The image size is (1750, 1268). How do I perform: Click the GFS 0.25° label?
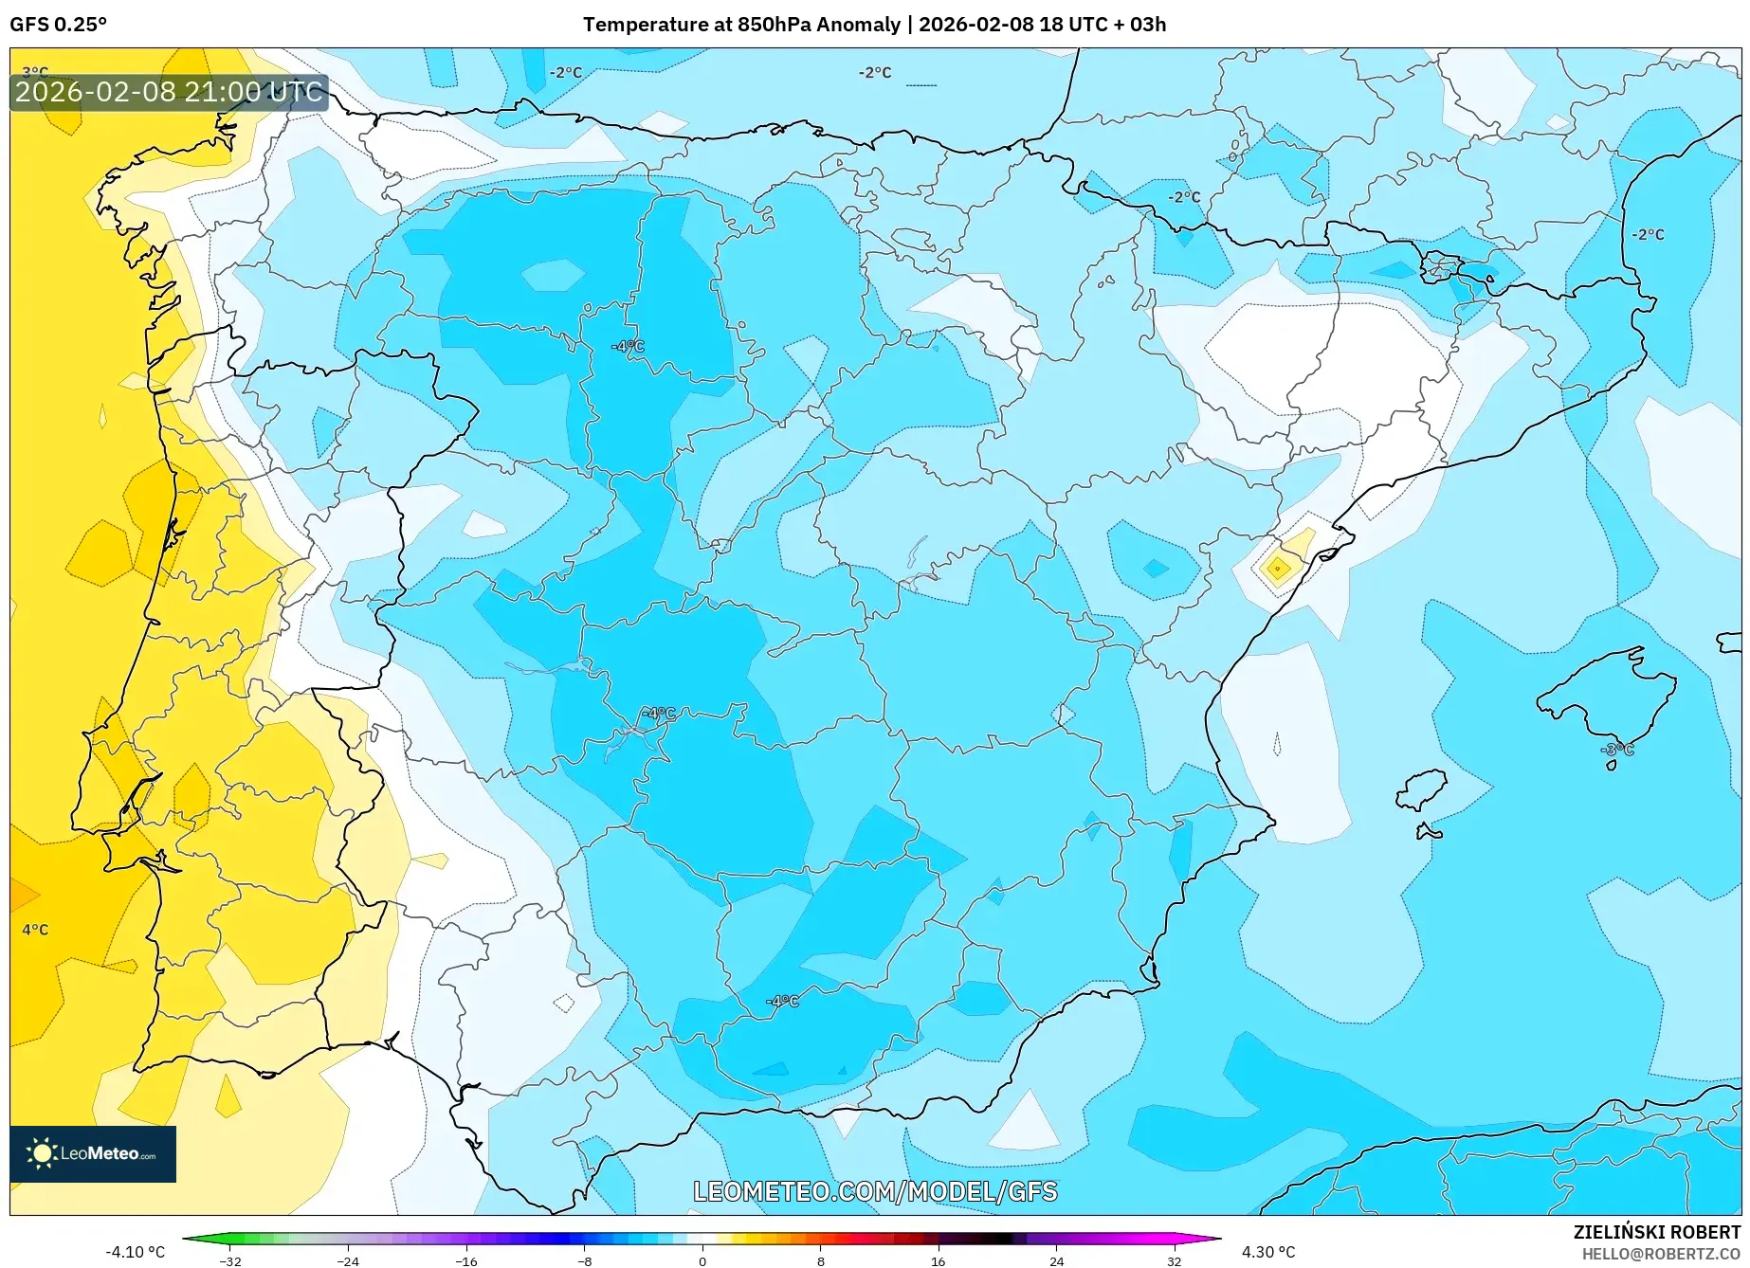58,25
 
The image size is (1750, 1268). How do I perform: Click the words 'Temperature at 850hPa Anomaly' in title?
741,25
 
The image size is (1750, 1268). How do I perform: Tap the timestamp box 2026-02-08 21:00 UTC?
169,92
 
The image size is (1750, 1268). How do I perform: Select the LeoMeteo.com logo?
93,1153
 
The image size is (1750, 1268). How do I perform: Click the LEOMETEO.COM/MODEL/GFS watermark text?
875,1191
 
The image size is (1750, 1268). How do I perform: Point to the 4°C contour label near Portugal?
35,930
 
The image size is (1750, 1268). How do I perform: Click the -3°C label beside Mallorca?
1618,750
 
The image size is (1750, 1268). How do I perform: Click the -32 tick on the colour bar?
230,1260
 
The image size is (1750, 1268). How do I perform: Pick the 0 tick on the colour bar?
702,1260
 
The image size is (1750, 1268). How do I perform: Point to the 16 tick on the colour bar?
938,1260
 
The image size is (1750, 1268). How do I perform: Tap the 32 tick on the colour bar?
1174,1260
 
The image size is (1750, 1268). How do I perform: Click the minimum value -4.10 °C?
135,1252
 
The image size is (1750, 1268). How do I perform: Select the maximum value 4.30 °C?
1268,1252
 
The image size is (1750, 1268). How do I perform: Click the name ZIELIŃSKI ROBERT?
1656,1232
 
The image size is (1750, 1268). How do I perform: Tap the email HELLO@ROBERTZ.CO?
1660,1254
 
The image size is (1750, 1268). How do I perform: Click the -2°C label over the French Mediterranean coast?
1648,234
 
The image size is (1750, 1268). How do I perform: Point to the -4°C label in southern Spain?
782,1001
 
